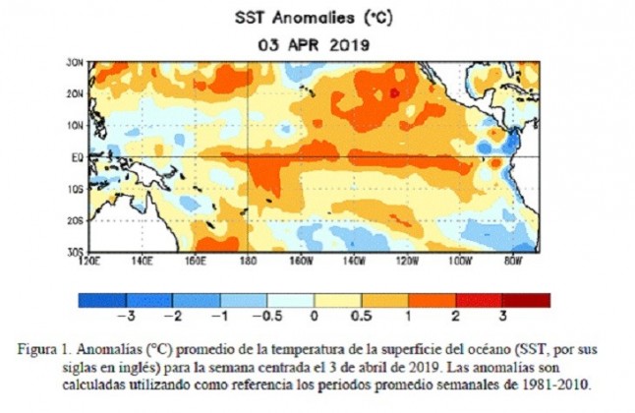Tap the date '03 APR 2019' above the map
317,44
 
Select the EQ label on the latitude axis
75,156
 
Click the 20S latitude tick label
73,220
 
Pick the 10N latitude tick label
73,125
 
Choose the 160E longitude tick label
196,262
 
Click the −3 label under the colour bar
126,318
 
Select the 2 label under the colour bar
455,318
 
